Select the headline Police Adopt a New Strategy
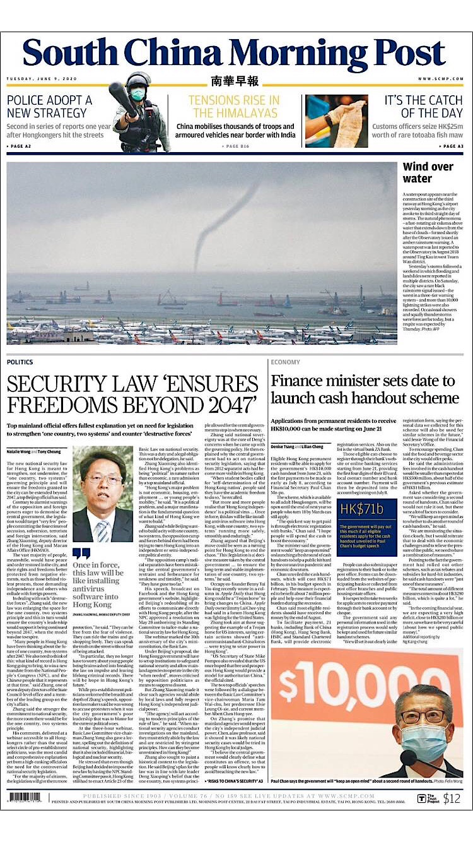coord(49,106)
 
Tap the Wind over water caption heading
coord(428,173)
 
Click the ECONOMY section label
coord(285,362)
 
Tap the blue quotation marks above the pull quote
coord(82,554)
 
